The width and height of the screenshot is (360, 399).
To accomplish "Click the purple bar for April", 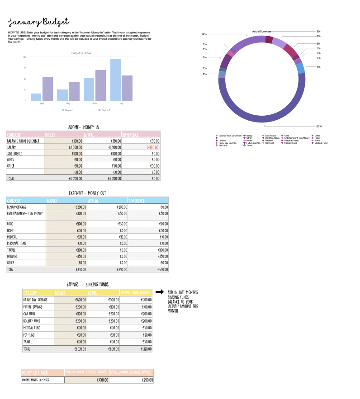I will click(47, 89).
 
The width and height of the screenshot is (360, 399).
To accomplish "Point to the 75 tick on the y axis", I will click(24, 68).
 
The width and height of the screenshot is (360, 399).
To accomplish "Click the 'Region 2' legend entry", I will click(104, 110).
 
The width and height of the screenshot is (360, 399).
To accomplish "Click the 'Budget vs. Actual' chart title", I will click(81, 53).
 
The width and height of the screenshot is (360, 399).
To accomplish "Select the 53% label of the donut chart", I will click(319, 126).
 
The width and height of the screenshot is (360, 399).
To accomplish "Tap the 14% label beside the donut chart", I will click(204, 34).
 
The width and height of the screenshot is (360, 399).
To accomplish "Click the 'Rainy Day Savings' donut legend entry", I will click(227, 143).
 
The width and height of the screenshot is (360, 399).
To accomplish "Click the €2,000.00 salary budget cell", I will click(73, 147).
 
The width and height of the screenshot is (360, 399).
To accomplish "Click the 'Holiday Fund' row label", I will click(33, 320).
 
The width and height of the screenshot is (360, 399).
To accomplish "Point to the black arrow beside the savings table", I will click(159, 292).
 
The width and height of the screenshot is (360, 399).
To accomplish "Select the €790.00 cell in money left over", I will click(145, 380).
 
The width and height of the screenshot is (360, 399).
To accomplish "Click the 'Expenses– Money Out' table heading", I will click(87, 193).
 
